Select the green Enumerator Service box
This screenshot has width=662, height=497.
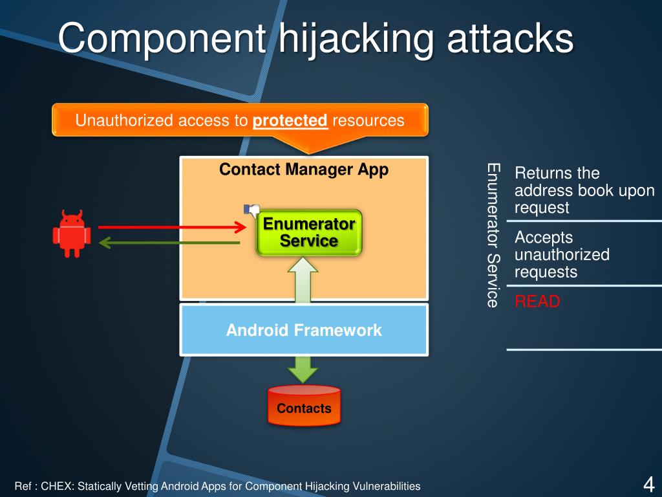click(x=308, y=232)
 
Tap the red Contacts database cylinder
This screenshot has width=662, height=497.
click(x=304, y=406)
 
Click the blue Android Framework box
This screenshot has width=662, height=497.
click(x=304, y=330)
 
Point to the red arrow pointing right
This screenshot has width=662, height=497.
click(x=172, y=226)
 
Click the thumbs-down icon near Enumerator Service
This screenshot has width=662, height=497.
click(x=251, y=210)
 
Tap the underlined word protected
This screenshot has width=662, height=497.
click(x=290, y=120)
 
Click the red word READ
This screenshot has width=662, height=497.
click(x=537, y=302)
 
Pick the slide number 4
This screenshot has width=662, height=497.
click(x=648, y=484)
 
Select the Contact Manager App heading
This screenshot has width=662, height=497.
click(x=304, y=170)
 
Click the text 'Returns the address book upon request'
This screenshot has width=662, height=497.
click(x=584, y=190)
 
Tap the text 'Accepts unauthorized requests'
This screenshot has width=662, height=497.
click(x=561, y=255)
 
